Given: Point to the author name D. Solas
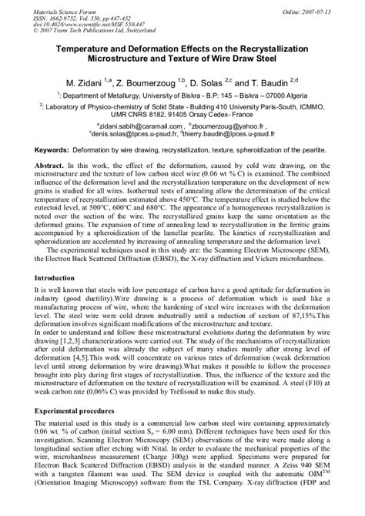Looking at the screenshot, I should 228,81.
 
